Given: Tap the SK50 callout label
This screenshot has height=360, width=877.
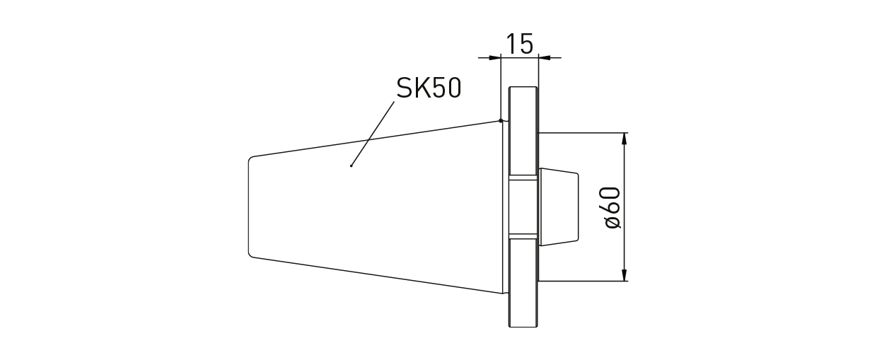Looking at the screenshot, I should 429,88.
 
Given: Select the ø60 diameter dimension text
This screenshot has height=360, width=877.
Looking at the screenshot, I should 612,207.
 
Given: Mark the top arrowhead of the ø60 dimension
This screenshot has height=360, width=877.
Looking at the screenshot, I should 624,139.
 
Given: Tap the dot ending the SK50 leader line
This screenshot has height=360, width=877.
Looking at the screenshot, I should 352,166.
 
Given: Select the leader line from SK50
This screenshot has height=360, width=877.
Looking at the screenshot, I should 373,134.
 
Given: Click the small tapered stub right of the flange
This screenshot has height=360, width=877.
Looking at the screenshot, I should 559,207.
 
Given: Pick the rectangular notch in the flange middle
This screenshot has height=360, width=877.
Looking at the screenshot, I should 523,207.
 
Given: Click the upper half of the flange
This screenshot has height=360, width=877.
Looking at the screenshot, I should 523,131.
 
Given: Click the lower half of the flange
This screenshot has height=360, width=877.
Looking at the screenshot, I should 523,283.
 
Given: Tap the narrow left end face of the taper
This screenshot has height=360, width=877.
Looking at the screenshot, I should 249,206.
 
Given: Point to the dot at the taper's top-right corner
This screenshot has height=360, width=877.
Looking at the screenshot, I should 501,120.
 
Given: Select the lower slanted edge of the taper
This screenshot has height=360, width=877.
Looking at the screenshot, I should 375,274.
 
